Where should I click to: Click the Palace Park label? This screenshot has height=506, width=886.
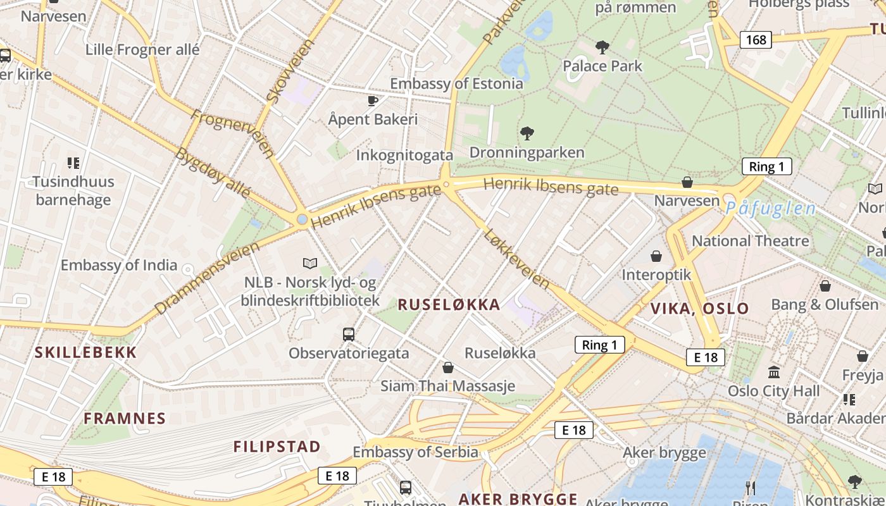[x=602, y=66]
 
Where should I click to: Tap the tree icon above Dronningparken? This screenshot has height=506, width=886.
[x=527, y=133]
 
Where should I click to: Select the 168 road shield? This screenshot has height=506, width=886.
[x=756, y=40]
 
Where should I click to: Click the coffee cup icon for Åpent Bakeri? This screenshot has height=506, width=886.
[x=373, y=101]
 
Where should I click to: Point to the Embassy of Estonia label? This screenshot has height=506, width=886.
[x=456, y=83]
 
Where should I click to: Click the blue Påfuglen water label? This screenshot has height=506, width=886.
[x=770, y=208]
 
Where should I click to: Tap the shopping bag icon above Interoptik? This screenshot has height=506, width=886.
[x=656, y=256]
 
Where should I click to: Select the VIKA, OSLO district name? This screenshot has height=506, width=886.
[x=700, y=309]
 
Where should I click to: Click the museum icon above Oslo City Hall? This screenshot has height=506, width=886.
[x=773, y=372]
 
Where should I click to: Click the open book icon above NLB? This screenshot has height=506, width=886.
[x=310, y=263]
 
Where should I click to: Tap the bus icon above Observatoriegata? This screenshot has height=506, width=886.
[x=348, y=334]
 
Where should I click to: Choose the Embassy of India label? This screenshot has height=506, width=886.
[x=119, y=265]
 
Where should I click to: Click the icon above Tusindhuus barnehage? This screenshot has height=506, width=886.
[x=73, y=163]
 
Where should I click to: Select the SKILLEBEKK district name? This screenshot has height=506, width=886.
[x=85, y=353]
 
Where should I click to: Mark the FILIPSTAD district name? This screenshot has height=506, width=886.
[x=277, y=447]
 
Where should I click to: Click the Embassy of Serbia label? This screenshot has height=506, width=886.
[x=415, y=452]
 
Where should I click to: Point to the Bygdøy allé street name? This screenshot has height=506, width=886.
[x=213, y=172]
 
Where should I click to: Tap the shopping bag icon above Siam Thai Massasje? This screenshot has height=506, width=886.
[x=448, y=367]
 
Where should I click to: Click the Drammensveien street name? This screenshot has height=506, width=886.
[x=206, y=278]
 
